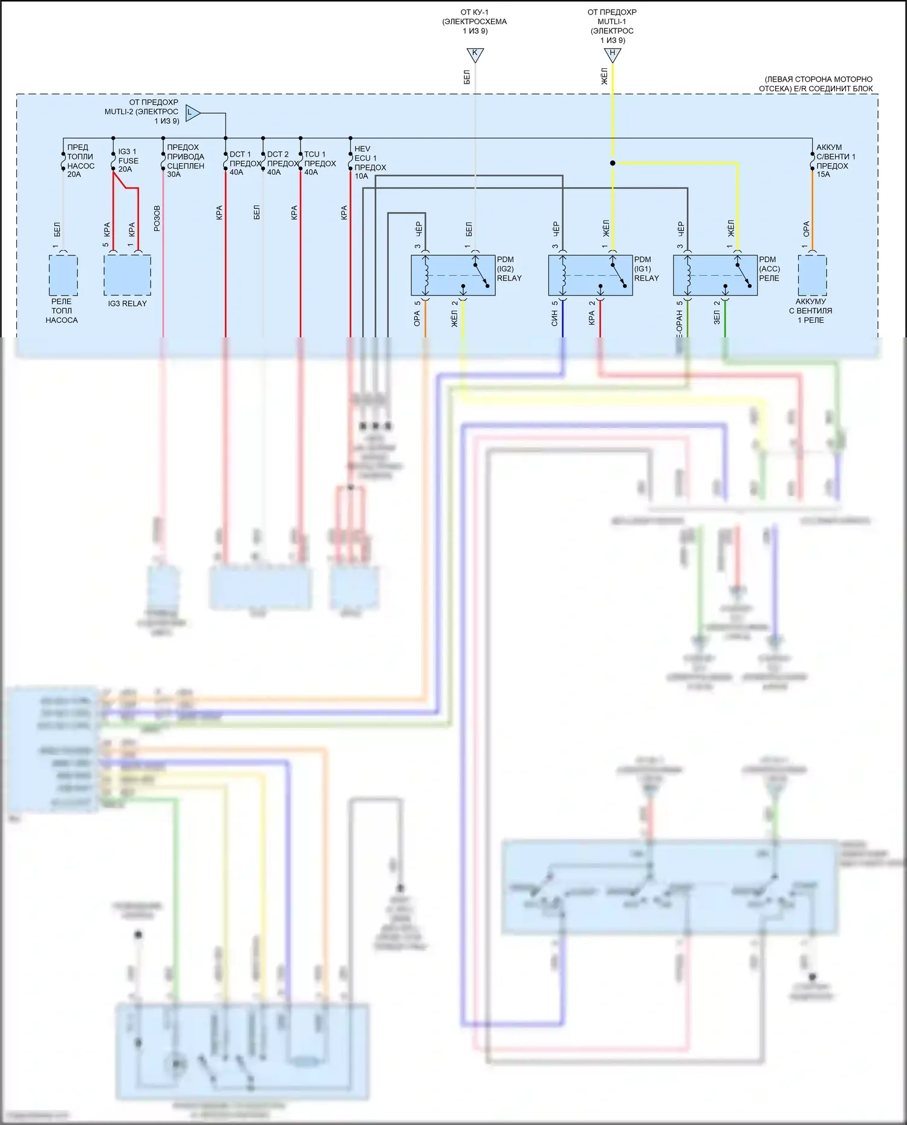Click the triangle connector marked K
pyautogui.click(x=475, y=54)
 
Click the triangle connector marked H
pyautogui.click(x=613, y=54)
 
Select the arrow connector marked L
pyautogui.click(x=192, y=112)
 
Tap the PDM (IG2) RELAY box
pyautogui.click(x=453, y=275)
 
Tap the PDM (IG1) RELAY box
pyautogui.click(x=590, y=275)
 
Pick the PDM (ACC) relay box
pyautogui.click(x=715, y=275)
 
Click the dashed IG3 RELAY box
pyautogui.click(x=127, y=274)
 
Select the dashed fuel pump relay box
pyautogui.click(x=63, y=274)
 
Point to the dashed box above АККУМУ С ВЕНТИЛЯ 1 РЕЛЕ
pyautogui.click(x=812, y=274)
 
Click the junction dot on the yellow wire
pyautogui.click(x=613, y=163)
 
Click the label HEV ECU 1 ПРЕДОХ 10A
pyautogui.click(x=369, y=163)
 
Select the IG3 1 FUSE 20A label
pyautogui.click(x=128, y=160)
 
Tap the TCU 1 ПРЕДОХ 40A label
pyautogui.click(x=319, y=163)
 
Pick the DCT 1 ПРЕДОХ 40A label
pyautogui.click(x=244, y=163)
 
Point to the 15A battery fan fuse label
pyautogui.click(x=834, y=161)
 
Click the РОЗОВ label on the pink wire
pyautogui.click(x=157, y=218)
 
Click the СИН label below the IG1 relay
pyautogui.click(x=554, y=319)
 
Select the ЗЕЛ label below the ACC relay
pyautogui.click(x=717, y=317)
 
